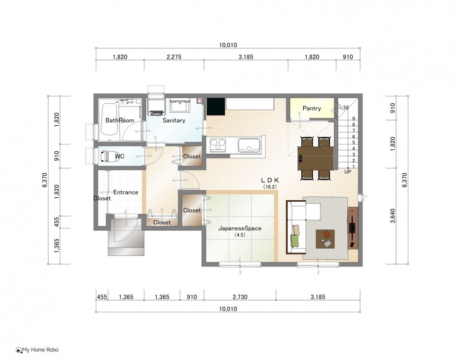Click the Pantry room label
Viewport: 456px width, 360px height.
point(311,108)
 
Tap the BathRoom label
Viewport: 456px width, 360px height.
point(120,120)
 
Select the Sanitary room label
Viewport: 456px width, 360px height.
point(174,120)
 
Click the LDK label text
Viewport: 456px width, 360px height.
point(270,180)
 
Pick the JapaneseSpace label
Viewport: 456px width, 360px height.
point(240,228)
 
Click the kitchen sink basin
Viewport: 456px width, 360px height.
point(249,145)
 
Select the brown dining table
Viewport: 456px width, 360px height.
point(316,158)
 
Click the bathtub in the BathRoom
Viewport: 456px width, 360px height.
point(110,120)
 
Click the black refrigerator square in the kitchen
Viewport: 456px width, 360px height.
point(215,107)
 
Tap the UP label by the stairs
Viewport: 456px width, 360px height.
point(347,172)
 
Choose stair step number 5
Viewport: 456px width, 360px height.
point(353,143)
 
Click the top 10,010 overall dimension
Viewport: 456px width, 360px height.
point(228,45)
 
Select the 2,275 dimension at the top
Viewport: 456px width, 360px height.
point(174,57)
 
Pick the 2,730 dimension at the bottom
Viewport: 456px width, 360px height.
point(240,297)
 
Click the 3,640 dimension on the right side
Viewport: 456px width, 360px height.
point(393,216)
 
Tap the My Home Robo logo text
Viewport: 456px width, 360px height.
point(40,350)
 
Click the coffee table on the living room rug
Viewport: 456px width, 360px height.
point(325,239)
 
